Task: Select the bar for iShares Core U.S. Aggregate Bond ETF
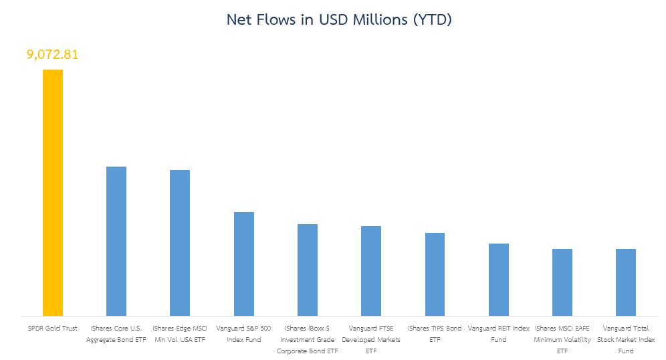pyautogui.click(x=116, y=241)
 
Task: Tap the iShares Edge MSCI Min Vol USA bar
pyautogui.click(x=180, y=242)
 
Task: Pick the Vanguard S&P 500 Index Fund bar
pyautogui.click(x=243, y=264)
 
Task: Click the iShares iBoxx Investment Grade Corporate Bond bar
pyautogui.click(x=308, y=270)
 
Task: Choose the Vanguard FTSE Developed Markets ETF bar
pyautogui.click(x=371, y=270)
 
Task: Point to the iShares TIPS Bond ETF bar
pyautogui.click(x=435, y=274)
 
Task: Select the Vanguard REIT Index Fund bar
pyautogui.click(x=499, y=279)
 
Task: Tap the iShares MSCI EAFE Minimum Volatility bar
pyautogui.click(x=562, y=282)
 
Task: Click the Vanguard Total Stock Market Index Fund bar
pyautogui.click(x=626, y=282)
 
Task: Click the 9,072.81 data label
pyautogui.click(x=53, y=54)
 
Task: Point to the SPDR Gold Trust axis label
pyautogui.click(x=53, y=329)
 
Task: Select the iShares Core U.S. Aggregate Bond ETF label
pyautogui.click(x=116, y=334)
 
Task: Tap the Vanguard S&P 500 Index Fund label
pyautogui.click(x=243, y=334)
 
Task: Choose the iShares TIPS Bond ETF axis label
pyautogui.click(x=435, y=334)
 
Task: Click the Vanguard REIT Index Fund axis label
pyautogui.click(x=499, y=334)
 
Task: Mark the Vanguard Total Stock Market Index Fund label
pyautogui.click(x=626, y=339)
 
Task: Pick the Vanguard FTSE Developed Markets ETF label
pyautogui.click(x=371, y=339)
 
